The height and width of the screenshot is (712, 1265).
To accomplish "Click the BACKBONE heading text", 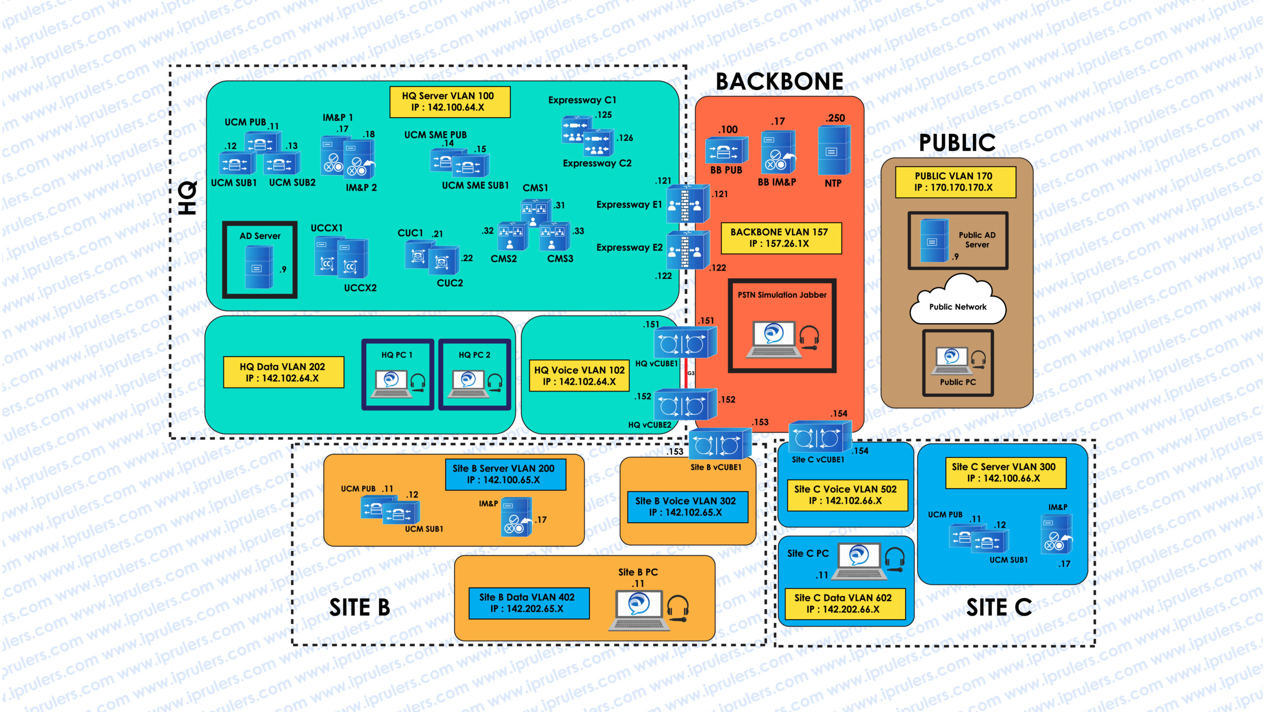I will [x=779, y=82].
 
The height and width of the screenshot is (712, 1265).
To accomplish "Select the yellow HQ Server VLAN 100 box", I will [x=450, y=102].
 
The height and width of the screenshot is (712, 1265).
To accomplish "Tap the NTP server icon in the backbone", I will [x=834, y=150].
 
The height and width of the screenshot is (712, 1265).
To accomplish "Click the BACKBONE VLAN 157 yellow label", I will [x=781, y=238].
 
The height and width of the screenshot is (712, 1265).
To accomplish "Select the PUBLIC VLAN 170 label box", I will [x=955, y=182].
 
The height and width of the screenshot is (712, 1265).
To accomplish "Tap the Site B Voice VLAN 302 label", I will [x=687, y=507].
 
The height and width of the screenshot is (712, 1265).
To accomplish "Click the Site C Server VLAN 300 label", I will [x=1005, y=473].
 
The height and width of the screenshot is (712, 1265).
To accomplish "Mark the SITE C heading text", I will [x=999, y=608].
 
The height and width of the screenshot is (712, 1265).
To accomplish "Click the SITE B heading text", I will [x=360, y=608].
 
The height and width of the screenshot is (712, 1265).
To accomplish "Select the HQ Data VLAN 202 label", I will [x=283, y=372].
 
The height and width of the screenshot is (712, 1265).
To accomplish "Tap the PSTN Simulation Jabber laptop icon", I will [x=774, y=339].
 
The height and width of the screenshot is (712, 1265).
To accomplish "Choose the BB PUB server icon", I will [x=725, y=150].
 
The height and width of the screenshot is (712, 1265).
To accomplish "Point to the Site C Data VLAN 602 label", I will [x=844, y=604].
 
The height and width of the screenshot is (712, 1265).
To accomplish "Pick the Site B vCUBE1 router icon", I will [x=719, y=445].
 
